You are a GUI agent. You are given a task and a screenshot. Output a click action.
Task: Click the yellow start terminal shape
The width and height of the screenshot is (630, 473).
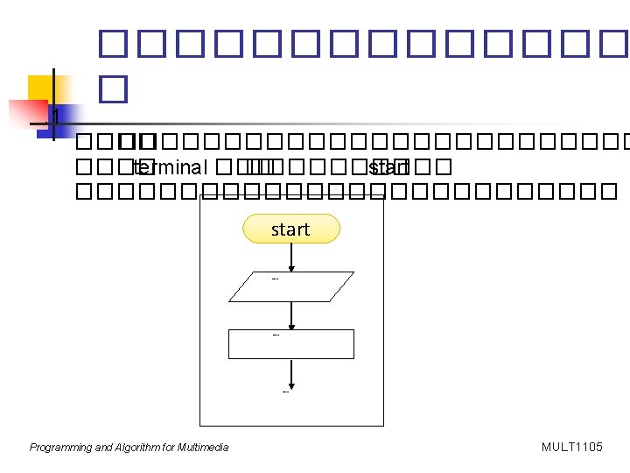point(290,229)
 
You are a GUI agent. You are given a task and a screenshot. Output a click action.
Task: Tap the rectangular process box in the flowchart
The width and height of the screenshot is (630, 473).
point(291,344)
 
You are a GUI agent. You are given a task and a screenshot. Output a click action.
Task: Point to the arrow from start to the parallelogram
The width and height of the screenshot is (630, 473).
point(290,257)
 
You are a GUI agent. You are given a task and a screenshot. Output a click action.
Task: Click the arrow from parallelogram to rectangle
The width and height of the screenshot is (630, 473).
point(291,315)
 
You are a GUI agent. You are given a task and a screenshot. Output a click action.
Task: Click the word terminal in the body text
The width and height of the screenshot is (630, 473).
point(170,167)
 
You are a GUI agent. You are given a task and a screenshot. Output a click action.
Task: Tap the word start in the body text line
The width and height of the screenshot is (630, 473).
point(388,167)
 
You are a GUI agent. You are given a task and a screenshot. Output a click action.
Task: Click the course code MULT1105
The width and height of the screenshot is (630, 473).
point(572,448)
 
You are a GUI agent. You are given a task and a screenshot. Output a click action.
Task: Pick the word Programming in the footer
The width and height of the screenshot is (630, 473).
point(60,448)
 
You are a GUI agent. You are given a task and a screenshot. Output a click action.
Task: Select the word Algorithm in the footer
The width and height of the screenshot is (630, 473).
point(138,448)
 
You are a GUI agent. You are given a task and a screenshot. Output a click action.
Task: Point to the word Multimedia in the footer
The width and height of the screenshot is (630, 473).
point(203,448)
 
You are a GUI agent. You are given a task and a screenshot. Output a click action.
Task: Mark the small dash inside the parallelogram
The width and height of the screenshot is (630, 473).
point(275,279)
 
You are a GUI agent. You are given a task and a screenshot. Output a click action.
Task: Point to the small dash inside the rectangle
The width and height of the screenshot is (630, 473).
point(276,335)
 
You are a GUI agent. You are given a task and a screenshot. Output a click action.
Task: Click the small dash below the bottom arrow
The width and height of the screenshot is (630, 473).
point(286,392)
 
